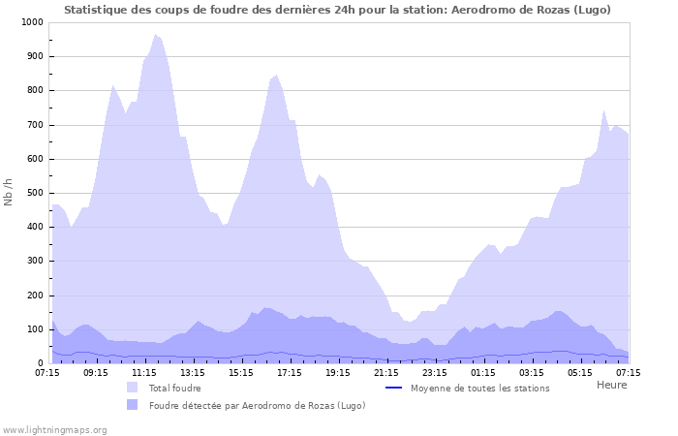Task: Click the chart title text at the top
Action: (338, 10)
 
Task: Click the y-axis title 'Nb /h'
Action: (9, 193)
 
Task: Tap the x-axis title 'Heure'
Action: (611, 385)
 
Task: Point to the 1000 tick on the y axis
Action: (31, 22)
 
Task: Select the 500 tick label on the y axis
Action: (34, 193)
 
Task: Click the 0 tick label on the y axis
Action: (40, 363)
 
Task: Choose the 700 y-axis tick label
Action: (34, 125)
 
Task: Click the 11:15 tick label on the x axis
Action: (144, 372)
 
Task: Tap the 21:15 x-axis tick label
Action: (386, 372)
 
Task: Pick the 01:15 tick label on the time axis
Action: (483, 372)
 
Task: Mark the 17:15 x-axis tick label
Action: (290, 372)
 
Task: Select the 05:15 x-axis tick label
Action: (580, 372)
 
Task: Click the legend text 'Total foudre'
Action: (174, 388)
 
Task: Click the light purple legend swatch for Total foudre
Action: (132, 388)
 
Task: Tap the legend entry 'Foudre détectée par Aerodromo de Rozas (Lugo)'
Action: (257, 405)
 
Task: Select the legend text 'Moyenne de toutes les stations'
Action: (479, 388)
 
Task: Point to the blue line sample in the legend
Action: (393, 388)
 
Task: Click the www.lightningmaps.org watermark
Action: (54, 429)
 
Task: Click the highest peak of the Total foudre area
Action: (155, 35)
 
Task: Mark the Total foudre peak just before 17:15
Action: (276, 76)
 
